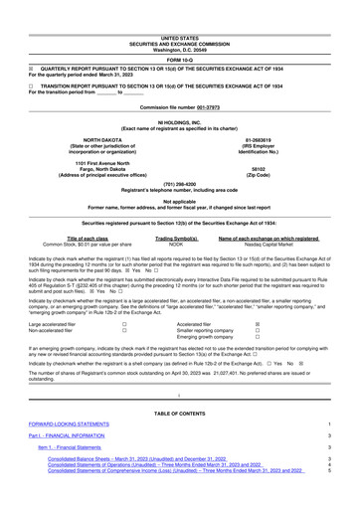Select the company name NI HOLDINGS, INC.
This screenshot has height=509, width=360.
tap(180, 122)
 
